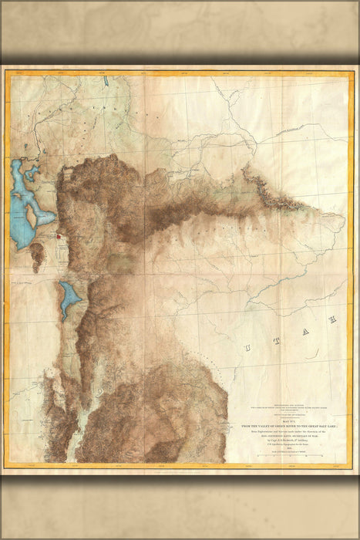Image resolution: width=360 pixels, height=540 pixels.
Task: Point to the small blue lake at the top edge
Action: pyautogui.click(x=104, y=79)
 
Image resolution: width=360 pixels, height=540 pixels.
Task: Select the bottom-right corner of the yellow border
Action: pyautogui.click(x=355, y=467)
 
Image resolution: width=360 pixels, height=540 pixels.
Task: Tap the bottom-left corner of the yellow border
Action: pyautogui.click(x=5, y=467)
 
